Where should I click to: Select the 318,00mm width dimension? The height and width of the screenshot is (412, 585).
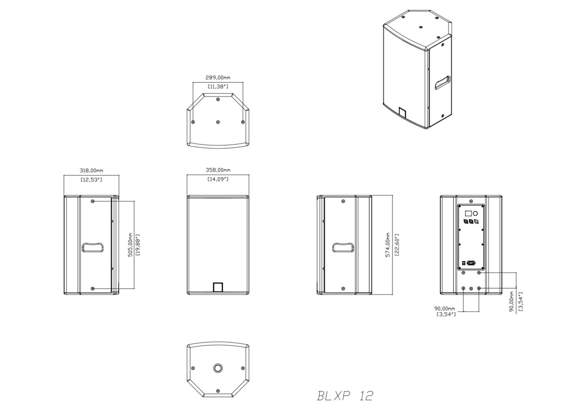pos(91,171)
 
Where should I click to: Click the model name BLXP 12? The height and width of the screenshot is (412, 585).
pos(345,395)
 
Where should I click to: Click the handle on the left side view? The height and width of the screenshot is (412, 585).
pos(93,248)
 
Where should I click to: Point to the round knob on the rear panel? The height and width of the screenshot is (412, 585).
pos(476,213)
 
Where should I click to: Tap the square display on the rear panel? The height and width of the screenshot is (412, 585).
pos(468,213)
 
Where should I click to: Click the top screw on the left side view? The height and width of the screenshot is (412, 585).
pos(93,201)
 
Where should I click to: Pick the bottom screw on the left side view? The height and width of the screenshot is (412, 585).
pos(93,289)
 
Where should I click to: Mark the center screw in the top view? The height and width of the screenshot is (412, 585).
pos(217,121)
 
